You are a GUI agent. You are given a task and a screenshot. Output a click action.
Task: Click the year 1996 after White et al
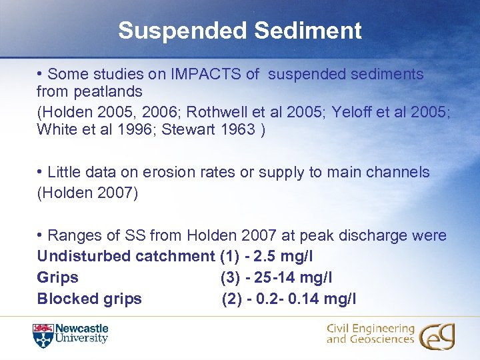(x=138, y=129)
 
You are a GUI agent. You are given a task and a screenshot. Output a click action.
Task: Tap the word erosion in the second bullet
(x=164, y=173)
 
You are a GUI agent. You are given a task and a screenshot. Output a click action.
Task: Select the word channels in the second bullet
(x=401, y=173)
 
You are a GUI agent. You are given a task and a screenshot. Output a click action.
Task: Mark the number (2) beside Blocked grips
(x=232, y=299)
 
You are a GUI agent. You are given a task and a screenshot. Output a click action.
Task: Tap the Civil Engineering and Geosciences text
(x=370, y=334)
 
